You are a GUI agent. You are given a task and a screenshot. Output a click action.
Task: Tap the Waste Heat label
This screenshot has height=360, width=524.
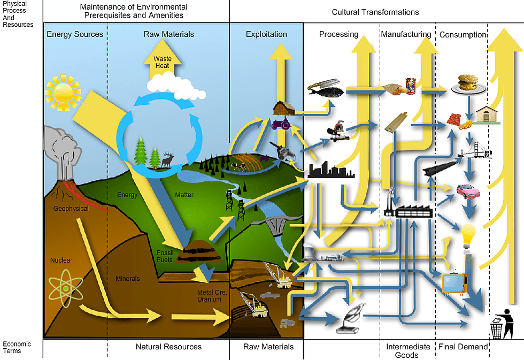[163, 62]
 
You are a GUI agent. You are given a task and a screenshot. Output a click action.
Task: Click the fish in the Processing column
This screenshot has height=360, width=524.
[326, 88]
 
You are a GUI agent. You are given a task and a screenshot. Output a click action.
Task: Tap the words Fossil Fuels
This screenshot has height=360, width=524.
[165, 256]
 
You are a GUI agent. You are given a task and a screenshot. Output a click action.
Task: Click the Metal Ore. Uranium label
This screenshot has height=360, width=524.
[212, 296]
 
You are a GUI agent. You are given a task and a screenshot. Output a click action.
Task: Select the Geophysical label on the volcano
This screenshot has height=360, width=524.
[71, 209]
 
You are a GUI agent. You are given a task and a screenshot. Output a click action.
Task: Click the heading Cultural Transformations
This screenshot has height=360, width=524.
[375, 12]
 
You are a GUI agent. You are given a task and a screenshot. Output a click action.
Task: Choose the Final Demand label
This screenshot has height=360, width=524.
[463, 347]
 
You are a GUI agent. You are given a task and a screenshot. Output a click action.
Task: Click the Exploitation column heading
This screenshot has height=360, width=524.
[266, 34]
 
